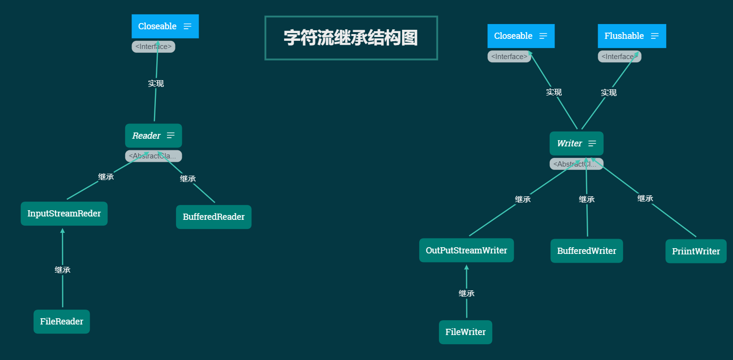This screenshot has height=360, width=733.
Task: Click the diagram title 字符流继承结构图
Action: pos(351,38)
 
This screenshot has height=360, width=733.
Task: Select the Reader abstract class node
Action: pos(153,136)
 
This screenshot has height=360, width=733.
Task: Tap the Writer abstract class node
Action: pos(576,144)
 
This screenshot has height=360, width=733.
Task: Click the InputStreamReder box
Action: pos(64,214)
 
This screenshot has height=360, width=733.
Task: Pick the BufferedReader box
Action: pos(213,217)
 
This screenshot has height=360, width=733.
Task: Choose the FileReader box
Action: pos(61,322)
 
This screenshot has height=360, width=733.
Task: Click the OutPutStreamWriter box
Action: pos(466,251)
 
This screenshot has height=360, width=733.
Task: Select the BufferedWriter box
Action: pos(587,251)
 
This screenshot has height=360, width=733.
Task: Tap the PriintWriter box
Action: pos(696,252)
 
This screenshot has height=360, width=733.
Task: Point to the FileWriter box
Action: pos(465,332)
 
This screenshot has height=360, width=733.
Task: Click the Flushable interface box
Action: pos(631,36)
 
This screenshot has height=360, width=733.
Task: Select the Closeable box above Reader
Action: pos(165,26)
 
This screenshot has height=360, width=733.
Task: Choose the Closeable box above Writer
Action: pos(520,36)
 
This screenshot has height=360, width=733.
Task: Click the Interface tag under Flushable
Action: pos(619,57)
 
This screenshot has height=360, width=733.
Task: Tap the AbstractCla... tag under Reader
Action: pos(153,156)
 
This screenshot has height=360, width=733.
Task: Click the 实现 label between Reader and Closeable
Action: pos(156,84)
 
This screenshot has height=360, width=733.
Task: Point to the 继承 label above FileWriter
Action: pos(466,293)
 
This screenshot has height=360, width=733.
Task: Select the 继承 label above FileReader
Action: pos(62,270)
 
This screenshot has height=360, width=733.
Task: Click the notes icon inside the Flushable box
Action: pos(655,36)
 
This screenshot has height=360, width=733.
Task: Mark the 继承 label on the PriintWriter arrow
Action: pos(645,198)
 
